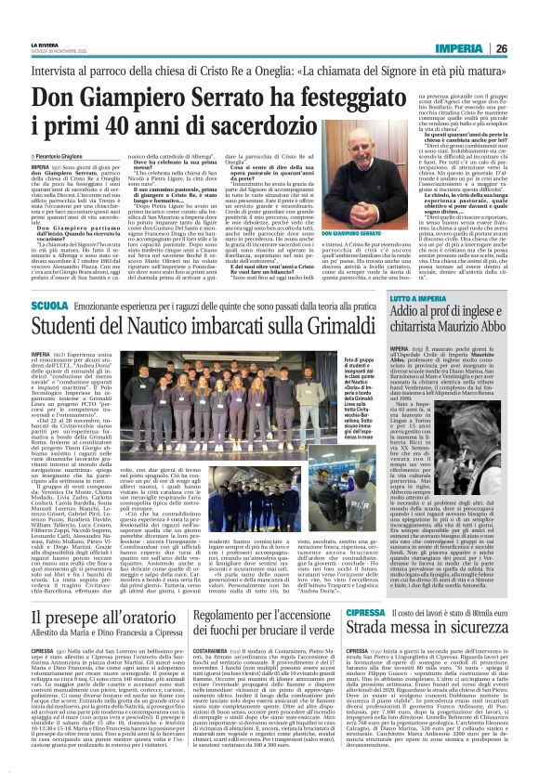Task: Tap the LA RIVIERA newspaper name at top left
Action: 43,43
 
